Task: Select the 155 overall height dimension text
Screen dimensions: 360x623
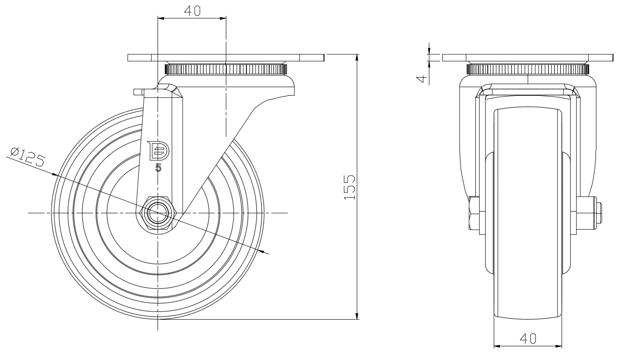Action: [350, 187]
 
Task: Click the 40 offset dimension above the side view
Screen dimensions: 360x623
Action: [192, 11]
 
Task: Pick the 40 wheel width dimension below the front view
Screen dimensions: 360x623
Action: [528, 338]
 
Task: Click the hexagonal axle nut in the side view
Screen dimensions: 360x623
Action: [158, 213]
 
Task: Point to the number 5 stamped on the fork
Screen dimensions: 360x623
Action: [158, 167]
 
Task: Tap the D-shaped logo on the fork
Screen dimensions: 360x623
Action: [158, 150]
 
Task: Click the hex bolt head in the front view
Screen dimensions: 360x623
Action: [474, 213]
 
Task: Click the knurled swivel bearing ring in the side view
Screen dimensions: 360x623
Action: [225, 69]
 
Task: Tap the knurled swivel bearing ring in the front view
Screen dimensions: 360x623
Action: [528, 69]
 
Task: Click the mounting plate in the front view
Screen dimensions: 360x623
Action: [528, 58]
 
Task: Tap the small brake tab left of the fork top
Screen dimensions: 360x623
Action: [138, 91]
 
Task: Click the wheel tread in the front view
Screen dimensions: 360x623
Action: [528, 215]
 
